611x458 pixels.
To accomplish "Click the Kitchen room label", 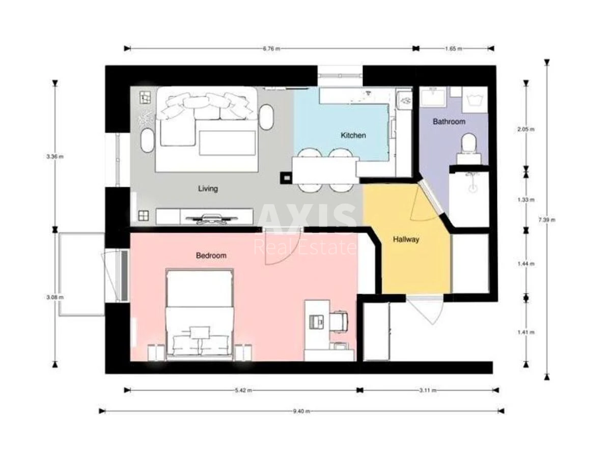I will pyautogui.click(x=353, y=135).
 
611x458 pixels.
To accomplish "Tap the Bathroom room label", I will pyautogui.click(x=449, y=122).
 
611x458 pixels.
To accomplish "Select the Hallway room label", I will pyautogui.click(x=406, y=239).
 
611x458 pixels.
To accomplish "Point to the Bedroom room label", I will pyautogui.click(x=211, y=255).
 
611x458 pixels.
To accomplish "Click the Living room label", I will pyautogui.click(x=208, y=189).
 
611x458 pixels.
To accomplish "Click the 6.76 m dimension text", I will pyautogui.click(x=271, y=49).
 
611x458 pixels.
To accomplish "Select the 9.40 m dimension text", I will pyautogui.click(x=301, y=411).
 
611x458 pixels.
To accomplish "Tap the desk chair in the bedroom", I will pyautogui.click(x=339, y=321).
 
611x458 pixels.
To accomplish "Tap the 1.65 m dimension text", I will pyautogui.click(x=454, y=49).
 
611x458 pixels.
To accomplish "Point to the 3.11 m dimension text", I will pyautogui.click(x=427, y=390).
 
